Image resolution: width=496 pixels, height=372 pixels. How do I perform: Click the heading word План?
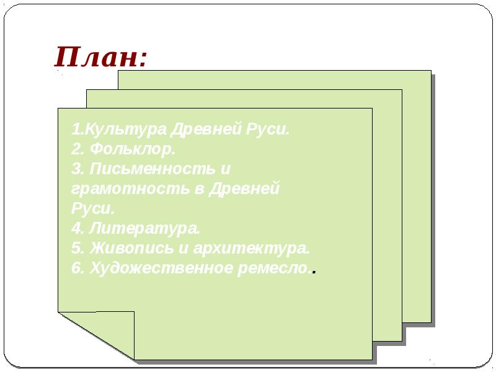click(96, 58)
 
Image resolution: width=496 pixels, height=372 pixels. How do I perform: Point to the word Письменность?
click(153, 169)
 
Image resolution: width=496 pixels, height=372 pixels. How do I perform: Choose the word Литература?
click(145, 228)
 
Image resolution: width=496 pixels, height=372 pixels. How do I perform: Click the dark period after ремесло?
click(316, 272)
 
